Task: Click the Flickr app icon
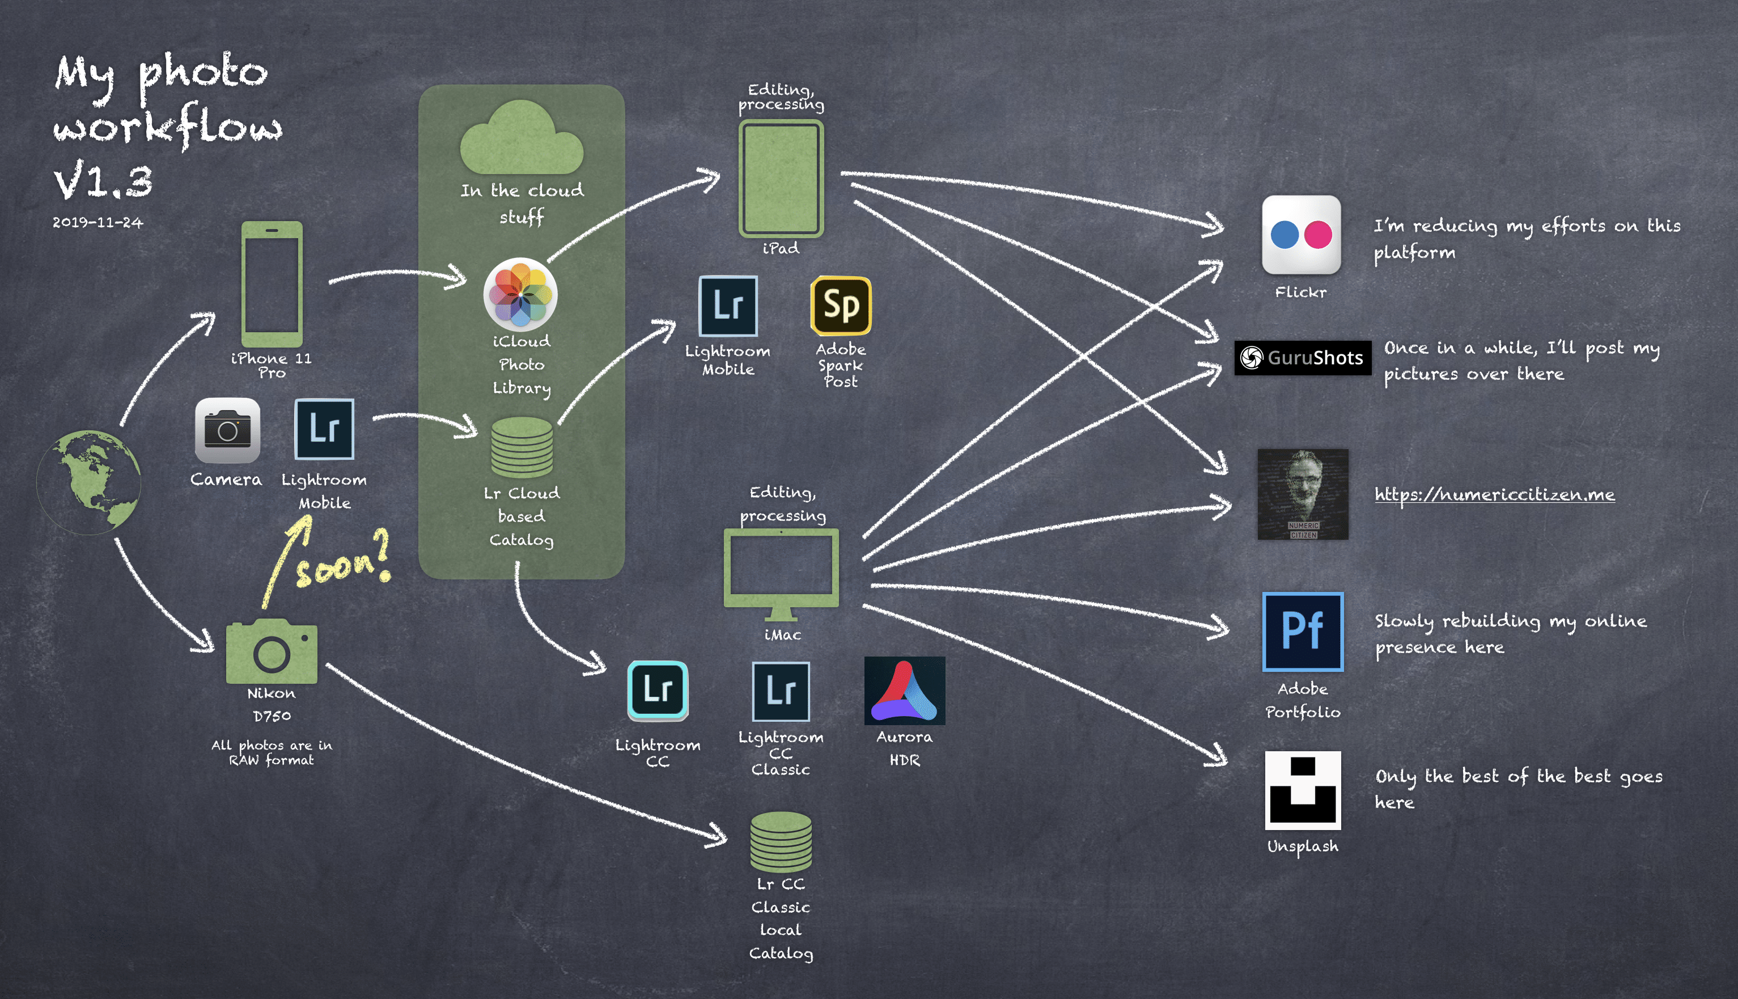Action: coord(1301,235)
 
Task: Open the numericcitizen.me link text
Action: coord(1494,495)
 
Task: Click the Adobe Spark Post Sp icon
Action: coord(841,306)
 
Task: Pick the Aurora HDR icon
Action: coord(904,690)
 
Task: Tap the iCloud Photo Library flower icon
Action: coord(520,294)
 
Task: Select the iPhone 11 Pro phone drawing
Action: coord(272,283)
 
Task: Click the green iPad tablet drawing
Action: coord(781,179)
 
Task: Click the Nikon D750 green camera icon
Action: coord(272,652)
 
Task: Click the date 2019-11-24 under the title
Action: coord(98,222)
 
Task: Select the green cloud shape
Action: coord(522,140)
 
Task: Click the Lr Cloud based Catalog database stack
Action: coord(522,448)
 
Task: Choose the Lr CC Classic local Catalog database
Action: coord(781,841)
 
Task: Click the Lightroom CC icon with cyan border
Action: coord(657,690)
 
